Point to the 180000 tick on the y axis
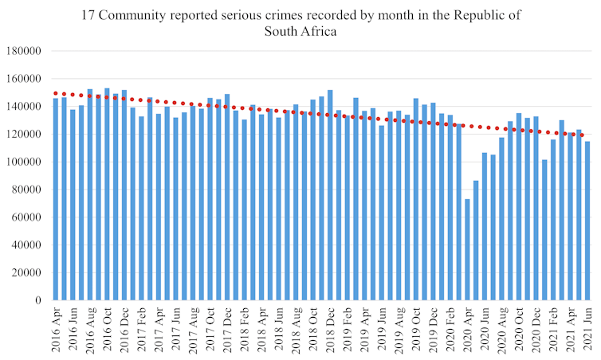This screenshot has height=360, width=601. (x=25, y=52)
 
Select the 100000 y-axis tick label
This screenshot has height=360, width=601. (x=25, y=162)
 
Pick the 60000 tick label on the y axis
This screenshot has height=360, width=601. (x=27, y=217)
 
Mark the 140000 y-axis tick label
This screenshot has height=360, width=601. (x=25, y=107)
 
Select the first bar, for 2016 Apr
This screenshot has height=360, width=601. (x=56, y=199)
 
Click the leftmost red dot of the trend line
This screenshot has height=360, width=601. (x=54, y=93)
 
